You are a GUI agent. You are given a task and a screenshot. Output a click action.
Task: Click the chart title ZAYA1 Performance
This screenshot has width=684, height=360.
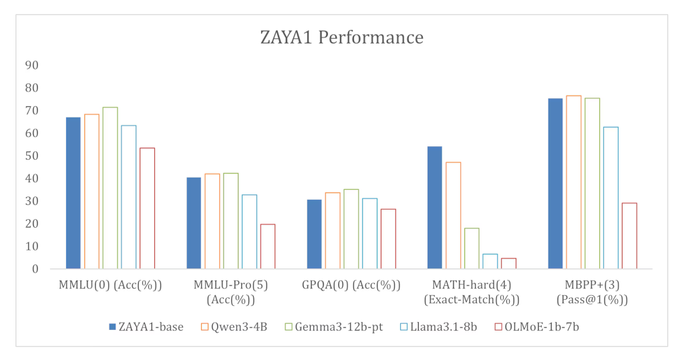point(341,37)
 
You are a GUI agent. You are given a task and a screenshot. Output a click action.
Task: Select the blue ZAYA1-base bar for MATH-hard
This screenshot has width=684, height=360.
point(434,208)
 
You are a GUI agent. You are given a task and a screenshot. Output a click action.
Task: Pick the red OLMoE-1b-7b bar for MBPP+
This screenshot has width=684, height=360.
point(629,236)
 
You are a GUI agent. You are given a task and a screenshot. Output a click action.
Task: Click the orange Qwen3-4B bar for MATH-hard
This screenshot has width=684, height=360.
point(453,216)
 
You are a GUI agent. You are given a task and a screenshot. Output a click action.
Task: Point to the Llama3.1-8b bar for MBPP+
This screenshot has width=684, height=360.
point(611,198)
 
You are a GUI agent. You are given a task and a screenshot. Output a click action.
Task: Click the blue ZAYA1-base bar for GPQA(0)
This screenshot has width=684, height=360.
point(314,234)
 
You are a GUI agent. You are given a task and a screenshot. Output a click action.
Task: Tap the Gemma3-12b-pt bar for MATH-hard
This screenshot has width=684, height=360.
point(472,248)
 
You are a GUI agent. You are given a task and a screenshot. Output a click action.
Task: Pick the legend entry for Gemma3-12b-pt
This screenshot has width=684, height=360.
point(334,327)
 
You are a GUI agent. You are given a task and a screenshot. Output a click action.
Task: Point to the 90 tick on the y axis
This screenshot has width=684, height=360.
point(31,65)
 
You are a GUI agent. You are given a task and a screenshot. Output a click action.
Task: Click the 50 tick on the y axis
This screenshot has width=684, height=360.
point(31,156)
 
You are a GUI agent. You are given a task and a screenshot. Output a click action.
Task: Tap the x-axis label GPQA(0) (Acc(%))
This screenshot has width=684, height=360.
point(351,286)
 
